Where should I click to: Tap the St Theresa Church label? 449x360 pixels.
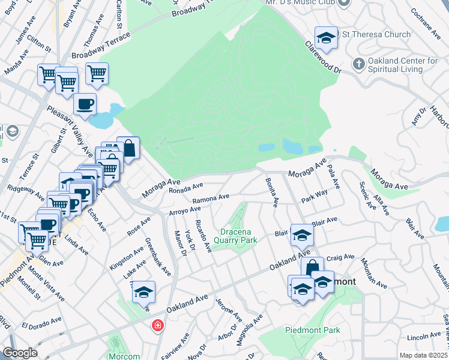pyautogui.click(x=376, y=35)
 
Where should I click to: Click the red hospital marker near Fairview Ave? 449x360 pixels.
pyautogui.click(x=157, y=325)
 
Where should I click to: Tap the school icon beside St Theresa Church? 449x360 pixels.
pyautogui.click(x=326, y=38)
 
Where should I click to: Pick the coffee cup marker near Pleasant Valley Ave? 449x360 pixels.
pyautogui.click(x=85, y=104)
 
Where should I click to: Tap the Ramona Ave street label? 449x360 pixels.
pyautogui.click(x=211, y=198)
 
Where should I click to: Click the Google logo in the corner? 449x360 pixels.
pyautogui.click(x=20, y=353)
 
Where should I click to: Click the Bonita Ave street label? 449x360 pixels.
pyautogui.click(x=270, y=193)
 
